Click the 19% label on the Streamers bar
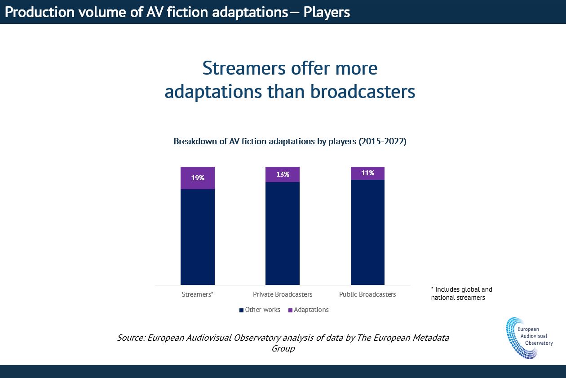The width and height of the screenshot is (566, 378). point(198,178)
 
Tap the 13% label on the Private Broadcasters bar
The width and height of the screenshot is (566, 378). point(283,174)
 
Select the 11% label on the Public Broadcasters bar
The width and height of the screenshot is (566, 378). point(367,173)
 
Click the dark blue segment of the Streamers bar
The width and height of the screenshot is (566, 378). point(198,237)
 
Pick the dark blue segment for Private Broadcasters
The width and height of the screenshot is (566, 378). point(283,233)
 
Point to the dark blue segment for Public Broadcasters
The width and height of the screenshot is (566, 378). point(367,232)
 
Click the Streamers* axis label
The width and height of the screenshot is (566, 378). point(198,294)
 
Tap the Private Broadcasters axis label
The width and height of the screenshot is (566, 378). point(283,294)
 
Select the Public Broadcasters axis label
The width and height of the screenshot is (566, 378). point(367,294)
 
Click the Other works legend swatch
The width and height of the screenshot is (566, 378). point(242,310)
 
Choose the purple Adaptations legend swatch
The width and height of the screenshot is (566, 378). point(290,310)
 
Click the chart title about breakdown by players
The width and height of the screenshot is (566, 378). point(290,142)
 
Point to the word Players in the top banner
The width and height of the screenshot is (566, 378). point(327,12)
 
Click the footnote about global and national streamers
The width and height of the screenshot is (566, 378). point(461,294)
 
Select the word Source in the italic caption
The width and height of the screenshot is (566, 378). point(130,338)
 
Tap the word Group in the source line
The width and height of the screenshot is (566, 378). point(283,348)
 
